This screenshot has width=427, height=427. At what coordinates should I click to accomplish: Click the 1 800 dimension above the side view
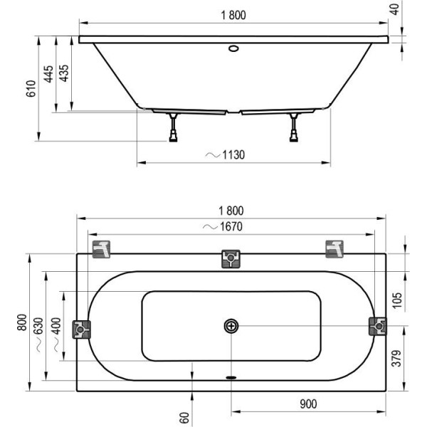(233, 15)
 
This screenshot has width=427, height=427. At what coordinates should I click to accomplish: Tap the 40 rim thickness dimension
(395, 9)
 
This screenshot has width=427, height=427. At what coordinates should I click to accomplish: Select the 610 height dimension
(31, 88)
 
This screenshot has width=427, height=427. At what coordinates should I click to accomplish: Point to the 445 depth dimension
(48, 74)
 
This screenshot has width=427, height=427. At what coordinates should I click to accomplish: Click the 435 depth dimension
(64, 73)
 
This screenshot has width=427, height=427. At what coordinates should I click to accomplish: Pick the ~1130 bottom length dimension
(225, 155)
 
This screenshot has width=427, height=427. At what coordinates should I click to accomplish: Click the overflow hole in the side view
(233, 48)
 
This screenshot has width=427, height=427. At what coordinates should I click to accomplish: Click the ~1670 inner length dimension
(223, 226)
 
